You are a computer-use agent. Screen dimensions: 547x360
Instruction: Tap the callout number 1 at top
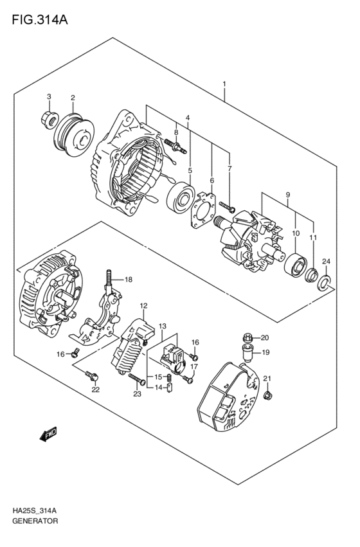pos(224,84)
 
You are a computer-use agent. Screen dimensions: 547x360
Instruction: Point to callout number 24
pos(326,261)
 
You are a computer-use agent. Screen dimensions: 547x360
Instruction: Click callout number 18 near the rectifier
pos(129,280)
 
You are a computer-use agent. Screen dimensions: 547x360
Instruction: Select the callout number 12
pos(144,305)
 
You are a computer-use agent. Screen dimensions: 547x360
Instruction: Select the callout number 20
pos(265,337)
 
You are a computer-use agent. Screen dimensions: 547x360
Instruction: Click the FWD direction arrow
pos(48,436)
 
